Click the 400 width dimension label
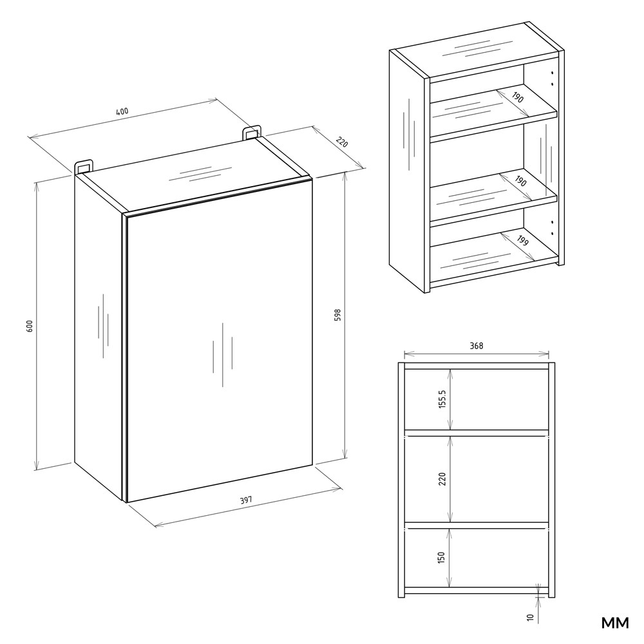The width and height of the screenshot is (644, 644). [x=122, y=111]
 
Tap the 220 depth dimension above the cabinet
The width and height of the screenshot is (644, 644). [x=342, y=142]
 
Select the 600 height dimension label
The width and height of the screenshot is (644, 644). [x=29, y=326]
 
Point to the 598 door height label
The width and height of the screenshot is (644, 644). [x=337, y=315]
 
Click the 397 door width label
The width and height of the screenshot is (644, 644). [x=245, y=500]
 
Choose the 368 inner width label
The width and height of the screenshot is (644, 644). [x=477, y=346]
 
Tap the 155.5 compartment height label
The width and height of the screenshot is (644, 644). [x=442, y=399]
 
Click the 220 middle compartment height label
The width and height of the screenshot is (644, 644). [x=442, y=479]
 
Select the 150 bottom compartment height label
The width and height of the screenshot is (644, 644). [x=442, y=557]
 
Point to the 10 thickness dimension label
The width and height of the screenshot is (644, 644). [x=530, y=617]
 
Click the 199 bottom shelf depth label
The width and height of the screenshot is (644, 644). [x=522, y=241]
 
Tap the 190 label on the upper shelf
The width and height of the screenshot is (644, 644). [x=518, y=97]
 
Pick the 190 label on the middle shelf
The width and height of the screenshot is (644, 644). [x=520, y=181]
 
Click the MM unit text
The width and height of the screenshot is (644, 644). [x=615, y=623]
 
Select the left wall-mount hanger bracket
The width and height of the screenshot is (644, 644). [x=84, y=166]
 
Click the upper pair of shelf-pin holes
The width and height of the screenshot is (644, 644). [x=553, y=79]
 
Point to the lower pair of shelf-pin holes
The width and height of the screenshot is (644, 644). [x=553, y=228]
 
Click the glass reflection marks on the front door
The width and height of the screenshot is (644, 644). [x=223, y=355]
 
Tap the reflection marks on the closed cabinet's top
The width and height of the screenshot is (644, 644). [x=200, y=174]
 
